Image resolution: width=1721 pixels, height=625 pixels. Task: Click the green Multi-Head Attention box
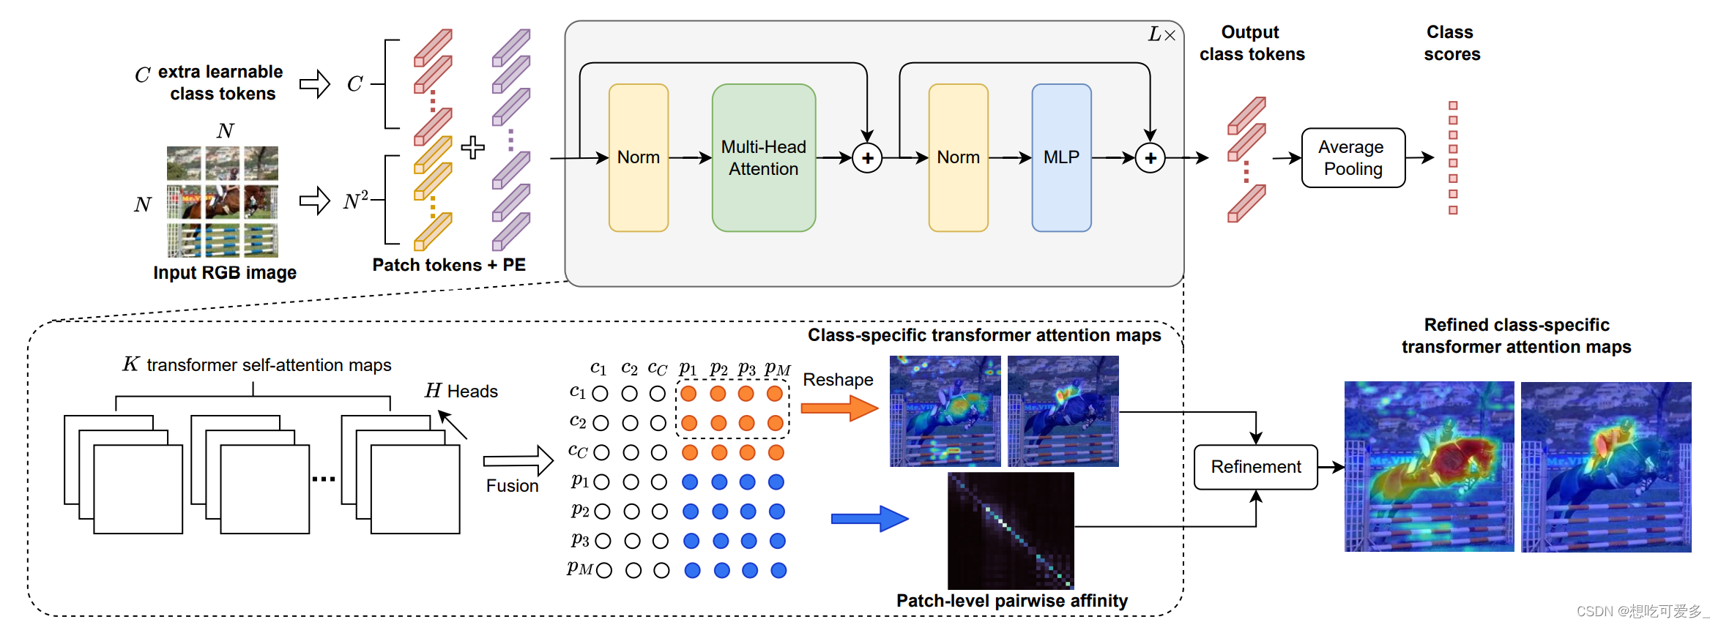763,158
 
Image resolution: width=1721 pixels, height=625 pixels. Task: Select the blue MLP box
1061,158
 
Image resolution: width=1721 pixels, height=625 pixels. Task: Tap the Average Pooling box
1353,158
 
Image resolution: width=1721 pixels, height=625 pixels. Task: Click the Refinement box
1255,467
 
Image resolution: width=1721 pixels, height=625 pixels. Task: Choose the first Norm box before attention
638,158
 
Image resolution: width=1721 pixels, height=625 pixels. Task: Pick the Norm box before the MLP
958,158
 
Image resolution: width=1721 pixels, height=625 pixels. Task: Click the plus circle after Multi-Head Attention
867,158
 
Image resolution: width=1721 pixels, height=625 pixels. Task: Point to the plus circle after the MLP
1150,158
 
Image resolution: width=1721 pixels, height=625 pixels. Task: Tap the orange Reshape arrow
839,408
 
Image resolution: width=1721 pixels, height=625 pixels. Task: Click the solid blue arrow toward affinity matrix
869,519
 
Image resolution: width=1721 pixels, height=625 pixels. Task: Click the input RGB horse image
223,202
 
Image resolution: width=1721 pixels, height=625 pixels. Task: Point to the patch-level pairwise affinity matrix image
1011,531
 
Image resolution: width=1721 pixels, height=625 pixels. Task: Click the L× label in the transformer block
1161,35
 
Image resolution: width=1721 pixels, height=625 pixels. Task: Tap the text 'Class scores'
1451,43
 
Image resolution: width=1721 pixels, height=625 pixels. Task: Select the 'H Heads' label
461,392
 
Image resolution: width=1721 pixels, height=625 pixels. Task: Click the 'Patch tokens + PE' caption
449,265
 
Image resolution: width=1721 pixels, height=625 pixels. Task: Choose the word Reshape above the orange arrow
838,380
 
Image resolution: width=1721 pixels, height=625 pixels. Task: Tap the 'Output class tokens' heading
1252,43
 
